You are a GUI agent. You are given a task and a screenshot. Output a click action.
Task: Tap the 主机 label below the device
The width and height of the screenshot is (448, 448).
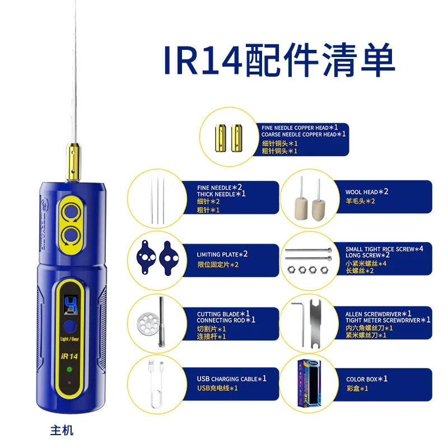62,431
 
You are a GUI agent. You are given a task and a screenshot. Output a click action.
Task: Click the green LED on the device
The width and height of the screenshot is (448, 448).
69,370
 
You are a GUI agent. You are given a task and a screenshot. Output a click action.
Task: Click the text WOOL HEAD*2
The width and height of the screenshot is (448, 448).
367,192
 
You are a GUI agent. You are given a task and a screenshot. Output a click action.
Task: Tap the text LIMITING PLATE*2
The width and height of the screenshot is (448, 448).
222,254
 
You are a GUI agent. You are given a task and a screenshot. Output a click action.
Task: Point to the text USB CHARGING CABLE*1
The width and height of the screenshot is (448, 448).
232,379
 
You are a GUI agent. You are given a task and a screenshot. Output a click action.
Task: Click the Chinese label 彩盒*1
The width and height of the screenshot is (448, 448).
357,388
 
